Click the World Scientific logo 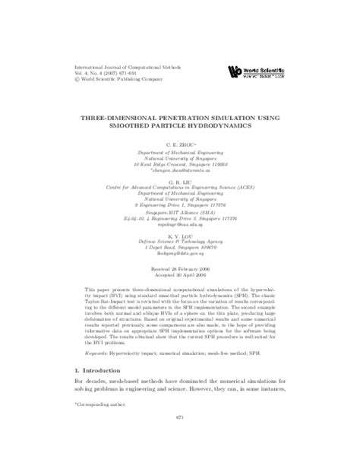point(257,71)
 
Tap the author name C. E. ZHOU point(180,144)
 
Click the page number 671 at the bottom point(180,439)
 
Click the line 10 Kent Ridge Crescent point(180,163)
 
